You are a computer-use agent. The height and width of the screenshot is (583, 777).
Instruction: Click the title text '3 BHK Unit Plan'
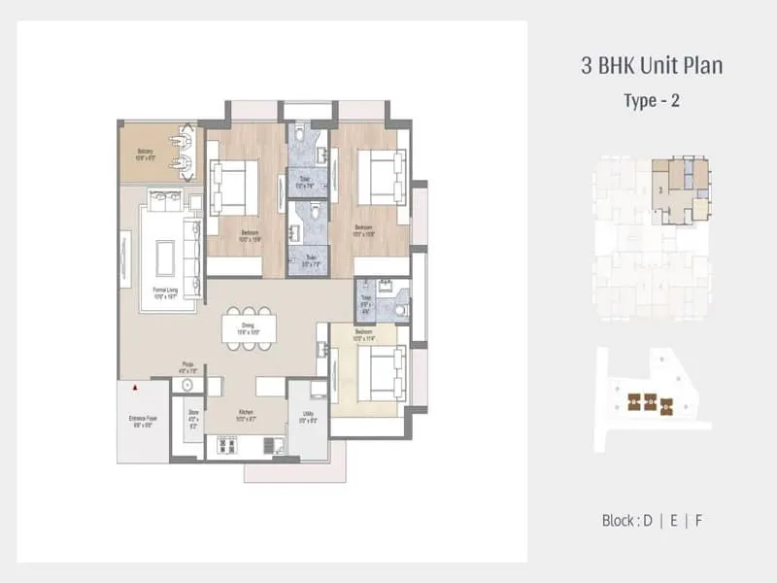[x=652, y=67]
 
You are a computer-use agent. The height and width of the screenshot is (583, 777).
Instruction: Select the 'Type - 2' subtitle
[x=652, y=100]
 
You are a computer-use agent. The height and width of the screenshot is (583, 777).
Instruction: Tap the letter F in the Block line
[x=697, y=520]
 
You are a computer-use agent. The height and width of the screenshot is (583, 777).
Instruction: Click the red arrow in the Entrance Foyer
[x=135, y=388]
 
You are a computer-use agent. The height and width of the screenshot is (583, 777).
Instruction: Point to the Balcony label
[x=146, y=154]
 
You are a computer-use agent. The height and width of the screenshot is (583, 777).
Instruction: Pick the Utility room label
[x=305, y=419]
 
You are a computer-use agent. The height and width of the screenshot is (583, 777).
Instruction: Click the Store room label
[x=192, y=418]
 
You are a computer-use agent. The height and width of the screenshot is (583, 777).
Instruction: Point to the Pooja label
[x=187, y=368]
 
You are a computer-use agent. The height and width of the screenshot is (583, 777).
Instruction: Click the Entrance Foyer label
[x=143, y=421]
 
